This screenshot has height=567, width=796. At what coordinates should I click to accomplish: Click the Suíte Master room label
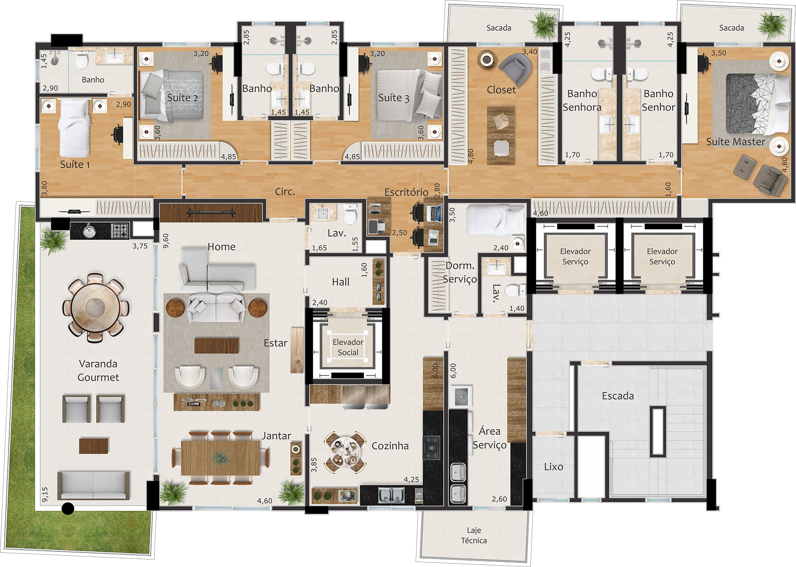[x=736, y=142]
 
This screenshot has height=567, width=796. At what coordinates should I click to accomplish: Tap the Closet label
[x=501, y=90]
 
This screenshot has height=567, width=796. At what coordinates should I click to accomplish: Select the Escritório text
[x=406, y=192]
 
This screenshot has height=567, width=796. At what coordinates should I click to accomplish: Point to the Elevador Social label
[x=348, y=347]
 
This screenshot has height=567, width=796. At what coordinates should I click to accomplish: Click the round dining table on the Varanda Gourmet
[x=96, y=308]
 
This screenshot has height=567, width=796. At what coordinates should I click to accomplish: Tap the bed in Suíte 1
[x=74, y=128]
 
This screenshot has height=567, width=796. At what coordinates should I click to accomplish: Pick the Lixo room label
[x=553, y=467]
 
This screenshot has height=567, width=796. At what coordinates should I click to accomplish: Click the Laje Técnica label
[x=474, y=536]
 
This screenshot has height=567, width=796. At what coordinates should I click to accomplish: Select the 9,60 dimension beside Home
[x=166, y=241]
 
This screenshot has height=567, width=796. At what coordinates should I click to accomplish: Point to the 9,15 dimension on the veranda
[x=45, y=495]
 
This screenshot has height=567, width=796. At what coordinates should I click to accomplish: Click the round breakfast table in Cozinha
[x=345, y=453]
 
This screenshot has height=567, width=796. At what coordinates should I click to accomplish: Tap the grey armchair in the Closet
[x=515, y=68]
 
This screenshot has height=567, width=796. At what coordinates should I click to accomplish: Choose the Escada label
[x=618, y=396]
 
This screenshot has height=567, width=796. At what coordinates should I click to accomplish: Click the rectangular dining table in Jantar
[x=221, y=458]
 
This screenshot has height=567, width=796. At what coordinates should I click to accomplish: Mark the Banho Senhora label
[x=582, y=101]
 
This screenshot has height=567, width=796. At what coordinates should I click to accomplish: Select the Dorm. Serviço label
[x=460, y=272]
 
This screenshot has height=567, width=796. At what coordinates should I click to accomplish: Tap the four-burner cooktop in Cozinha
[x=432, y=447]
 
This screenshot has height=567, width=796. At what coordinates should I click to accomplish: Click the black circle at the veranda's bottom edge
[x=68, y=508]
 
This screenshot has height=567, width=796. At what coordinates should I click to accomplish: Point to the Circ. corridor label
[x=285, y=192]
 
